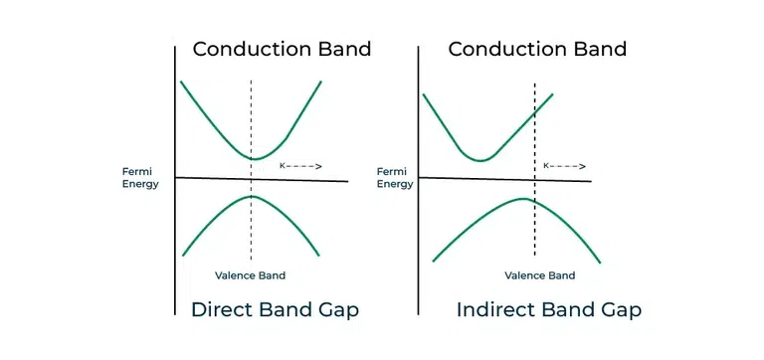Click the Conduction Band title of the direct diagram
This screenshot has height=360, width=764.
[x=282, y=49]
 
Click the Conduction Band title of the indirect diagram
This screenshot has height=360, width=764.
[x=537, y=49]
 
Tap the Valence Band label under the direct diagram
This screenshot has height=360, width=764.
[x=250, y=275]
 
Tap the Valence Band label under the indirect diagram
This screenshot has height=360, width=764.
[x=540, y=275]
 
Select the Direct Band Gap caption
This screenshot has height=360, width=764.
[x=275, y=310]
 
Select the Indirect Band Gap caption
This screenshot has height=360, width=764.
[x=549, y=310]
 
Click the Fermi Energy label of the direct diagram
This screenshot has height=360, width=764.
[x=140, y=178]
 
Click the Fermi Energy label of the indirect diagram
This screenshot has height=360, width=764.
[x=395, y=178]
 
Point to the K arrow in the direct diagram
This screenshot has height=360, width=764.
[x=300, y=166]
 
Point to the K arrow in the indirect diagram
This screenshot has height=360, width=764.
[x=565, y=166]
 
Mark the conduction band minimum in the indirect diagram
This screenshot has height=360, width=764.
[x=481, y=160]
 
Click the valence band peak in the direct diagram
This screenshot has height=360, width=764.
[x=251, y=196]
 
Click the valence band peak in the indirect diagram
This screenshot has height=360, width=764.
[x=523, y=198]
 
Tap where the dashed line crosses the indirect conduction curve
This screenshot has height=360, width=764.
[x=535, y=112]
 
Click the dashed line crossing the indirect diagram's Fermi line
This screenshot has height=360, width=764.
[x=535, y=180]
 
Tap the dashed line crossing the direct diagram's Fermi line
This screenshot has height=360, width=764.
[x=251, y=179]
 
